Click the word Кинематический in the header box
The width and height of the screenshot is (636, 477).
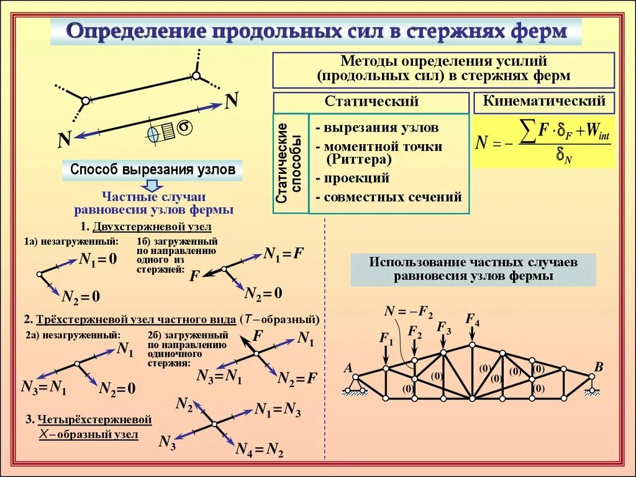click(x=543, y=101)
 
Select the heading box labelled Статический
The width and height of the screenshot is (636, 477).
click(x=371, y=102)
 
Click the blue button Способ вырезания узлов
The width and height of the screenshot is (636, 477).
click(x=152, y=169)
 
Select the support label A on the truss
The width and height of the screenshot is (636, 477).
click(x=348, y=368)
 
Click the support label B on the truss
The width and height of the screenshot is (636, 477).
click(x=599, y=367)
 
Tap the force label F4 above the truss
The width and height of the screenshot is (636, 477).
click(x=473, y=320)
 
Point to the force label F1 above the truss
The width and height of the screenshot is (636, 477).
click(x=386, y=338)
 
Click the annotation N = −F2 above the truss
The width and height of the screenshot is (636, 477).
click(x=408, y=311)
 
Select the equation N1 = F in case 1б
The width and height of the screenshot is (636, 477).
click(x=284, y=253)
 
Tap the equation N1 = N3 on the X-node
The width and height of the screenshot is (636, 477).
click(x=278, y=409)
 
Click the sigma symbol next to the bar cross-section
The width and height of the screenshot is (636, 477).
click(x=184, y=127)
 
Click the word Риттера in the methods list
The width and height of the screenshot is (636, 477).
click(x=358, y=160)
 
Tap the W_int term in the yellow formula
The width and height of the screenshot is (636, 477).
click(x=597, y=131)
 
